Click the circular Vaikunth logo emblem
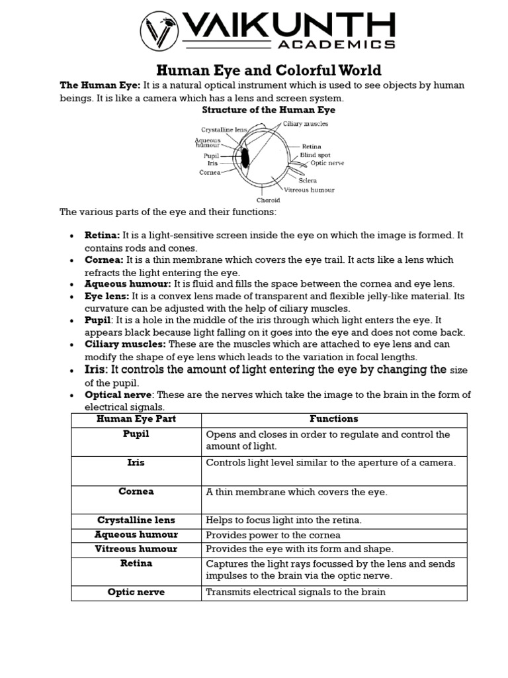tap(159, 30)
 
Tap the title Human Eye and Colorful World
tap(268, 70)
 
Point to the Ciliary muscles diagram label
tap(305, 124)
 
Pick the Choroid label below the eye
tap(268, 200)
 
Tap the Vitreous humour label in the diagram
tap(314, 190)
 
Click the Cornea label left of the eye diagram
tap(210, 172)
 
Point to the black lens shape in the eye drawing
tap(245, 158)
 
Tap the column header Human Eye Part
tap(136, 419)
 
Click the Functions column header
tap(334, 419)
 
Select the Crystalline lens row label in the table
tap(136, 520)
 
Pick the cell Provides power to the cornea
tap(273, 535)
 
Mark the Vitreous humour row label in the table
tap(136, 549)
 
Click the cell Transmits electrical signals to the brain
tap(296, 592)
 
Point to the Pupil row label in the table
tap(136, 434)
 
